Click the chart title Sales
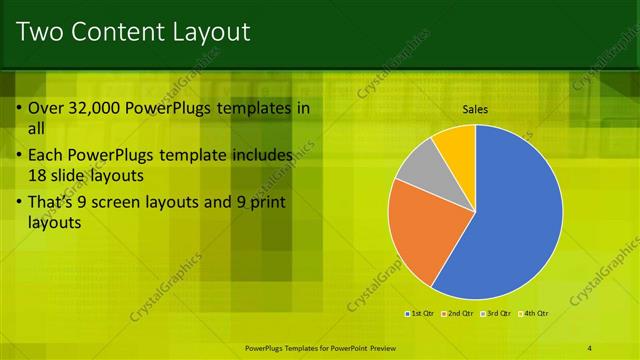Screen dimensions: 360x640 coord(475,110)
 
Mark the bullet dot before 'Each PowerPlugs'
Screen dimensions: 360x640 coord(19,156)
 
